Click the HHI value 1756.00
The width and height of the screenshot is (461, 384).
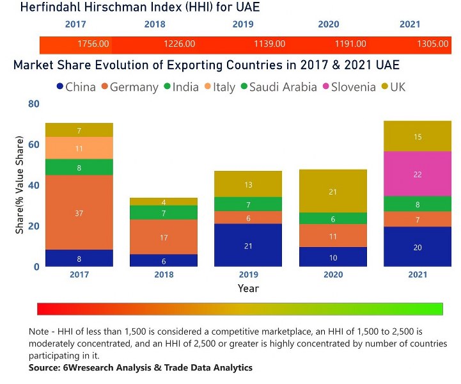click(x=93, y=44)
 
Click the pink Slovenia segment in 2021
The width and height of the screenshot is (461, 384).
click(x=417, y=174)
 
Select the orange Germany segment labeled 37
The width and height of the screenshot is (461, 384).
click(x=79, y=212)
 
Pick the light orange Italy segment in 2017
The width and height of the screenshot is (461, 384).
click(x=79, y=148)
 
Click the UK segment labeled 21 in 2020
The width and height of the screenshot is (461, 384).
click(x=332, y=191)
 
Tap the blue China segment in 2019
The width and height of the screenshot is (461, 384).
click(x=248, y=245)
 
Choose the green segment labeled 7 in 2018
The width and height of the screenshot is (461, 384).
click(x=164, y=212)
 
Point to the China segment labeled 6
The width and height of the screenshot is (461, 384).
click(x=164, y=260)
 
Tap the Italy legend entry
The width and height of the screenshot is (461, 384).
click(x=219, y=87)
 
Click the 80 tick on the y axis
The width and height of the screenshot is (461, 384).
click(x=33, y=104)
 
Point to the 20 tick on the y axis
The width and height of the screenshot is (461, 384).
click(x=33, y=226)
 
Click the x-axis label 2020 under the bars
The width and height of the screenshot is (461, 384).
click(x=332, y=276)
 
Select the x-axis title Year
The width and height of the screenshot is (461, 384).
click(x=248, y=289)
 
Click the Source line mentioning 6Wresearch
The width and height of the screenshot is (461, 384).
click(x=141, y=367)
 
